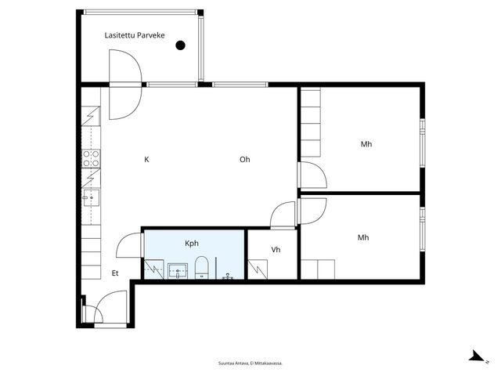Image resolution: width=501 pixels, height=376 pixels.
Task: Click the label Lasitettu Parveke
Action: pos(135,35)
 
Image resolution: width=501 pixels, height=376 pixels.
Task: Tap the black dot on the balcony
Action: pos(181,45)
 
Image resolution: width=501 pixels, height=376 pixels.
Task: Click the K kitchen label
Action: pos(146,159)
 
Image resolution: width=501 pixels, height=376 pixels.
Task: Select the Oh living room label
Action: pos(245,159)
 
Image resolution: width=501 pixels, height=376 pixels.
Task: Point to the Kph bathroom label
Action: pos(192,244)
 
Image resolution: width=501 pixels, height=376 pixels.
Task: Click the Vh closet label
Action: pos(276,249)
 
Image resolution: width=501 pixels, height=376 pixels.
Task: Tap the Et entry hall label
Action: pos(115,273)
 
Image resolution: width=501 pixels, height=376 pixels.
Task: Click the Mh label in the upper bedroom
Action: pos(366,144)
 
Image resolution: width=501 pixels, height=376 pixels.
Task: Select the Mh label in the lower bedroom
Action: pos(363,237)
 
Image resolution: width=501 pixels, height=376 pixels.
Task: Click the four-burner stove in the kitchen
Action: pos(91,159)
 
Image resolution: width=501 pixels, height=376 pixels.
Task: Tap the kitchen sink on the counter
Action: pos(91,198)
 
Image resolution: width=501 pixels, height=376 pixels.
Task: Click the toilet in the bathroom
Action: pos(202,267)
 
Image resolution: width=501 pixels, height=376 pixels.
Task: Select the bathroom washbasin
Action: pos(178,271)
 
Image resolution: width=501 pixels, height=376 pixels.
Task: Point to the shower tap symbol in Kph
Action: pos(228,277)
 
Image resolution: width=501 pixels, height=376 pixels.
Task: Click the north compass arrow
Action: pos(478,356)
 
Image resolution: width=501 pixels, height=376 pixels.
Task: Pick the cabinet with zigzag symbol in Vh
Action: pos(258,269)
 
